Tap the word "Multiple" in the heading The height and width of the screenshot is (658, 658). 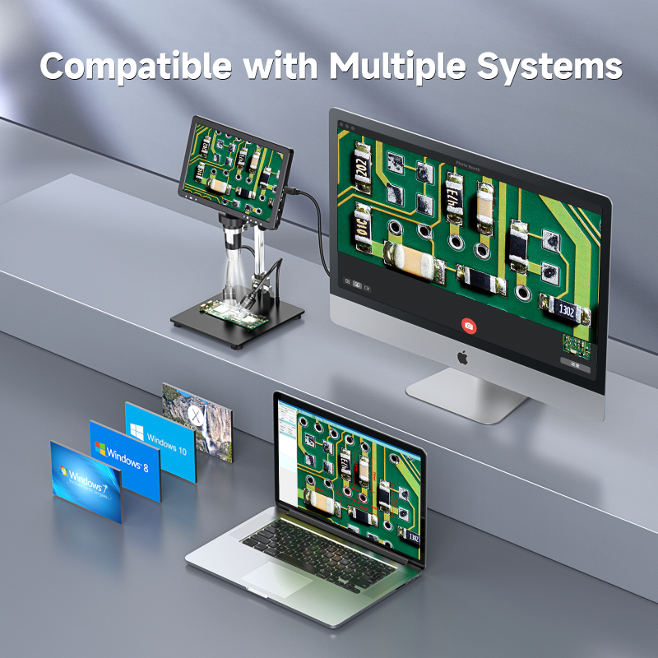[392, 66]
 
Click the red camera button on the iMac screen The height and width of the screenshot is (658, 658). [469, 326]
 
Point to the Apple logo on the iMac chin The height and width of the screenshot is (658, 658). [462, 357]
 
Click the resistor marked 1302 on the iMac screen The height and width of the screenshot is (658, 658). [566, 311]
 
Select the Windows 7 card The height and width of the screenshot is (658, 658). [86, 481]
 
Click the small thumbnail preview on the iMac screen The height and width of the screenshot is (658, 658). [577, 345]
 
